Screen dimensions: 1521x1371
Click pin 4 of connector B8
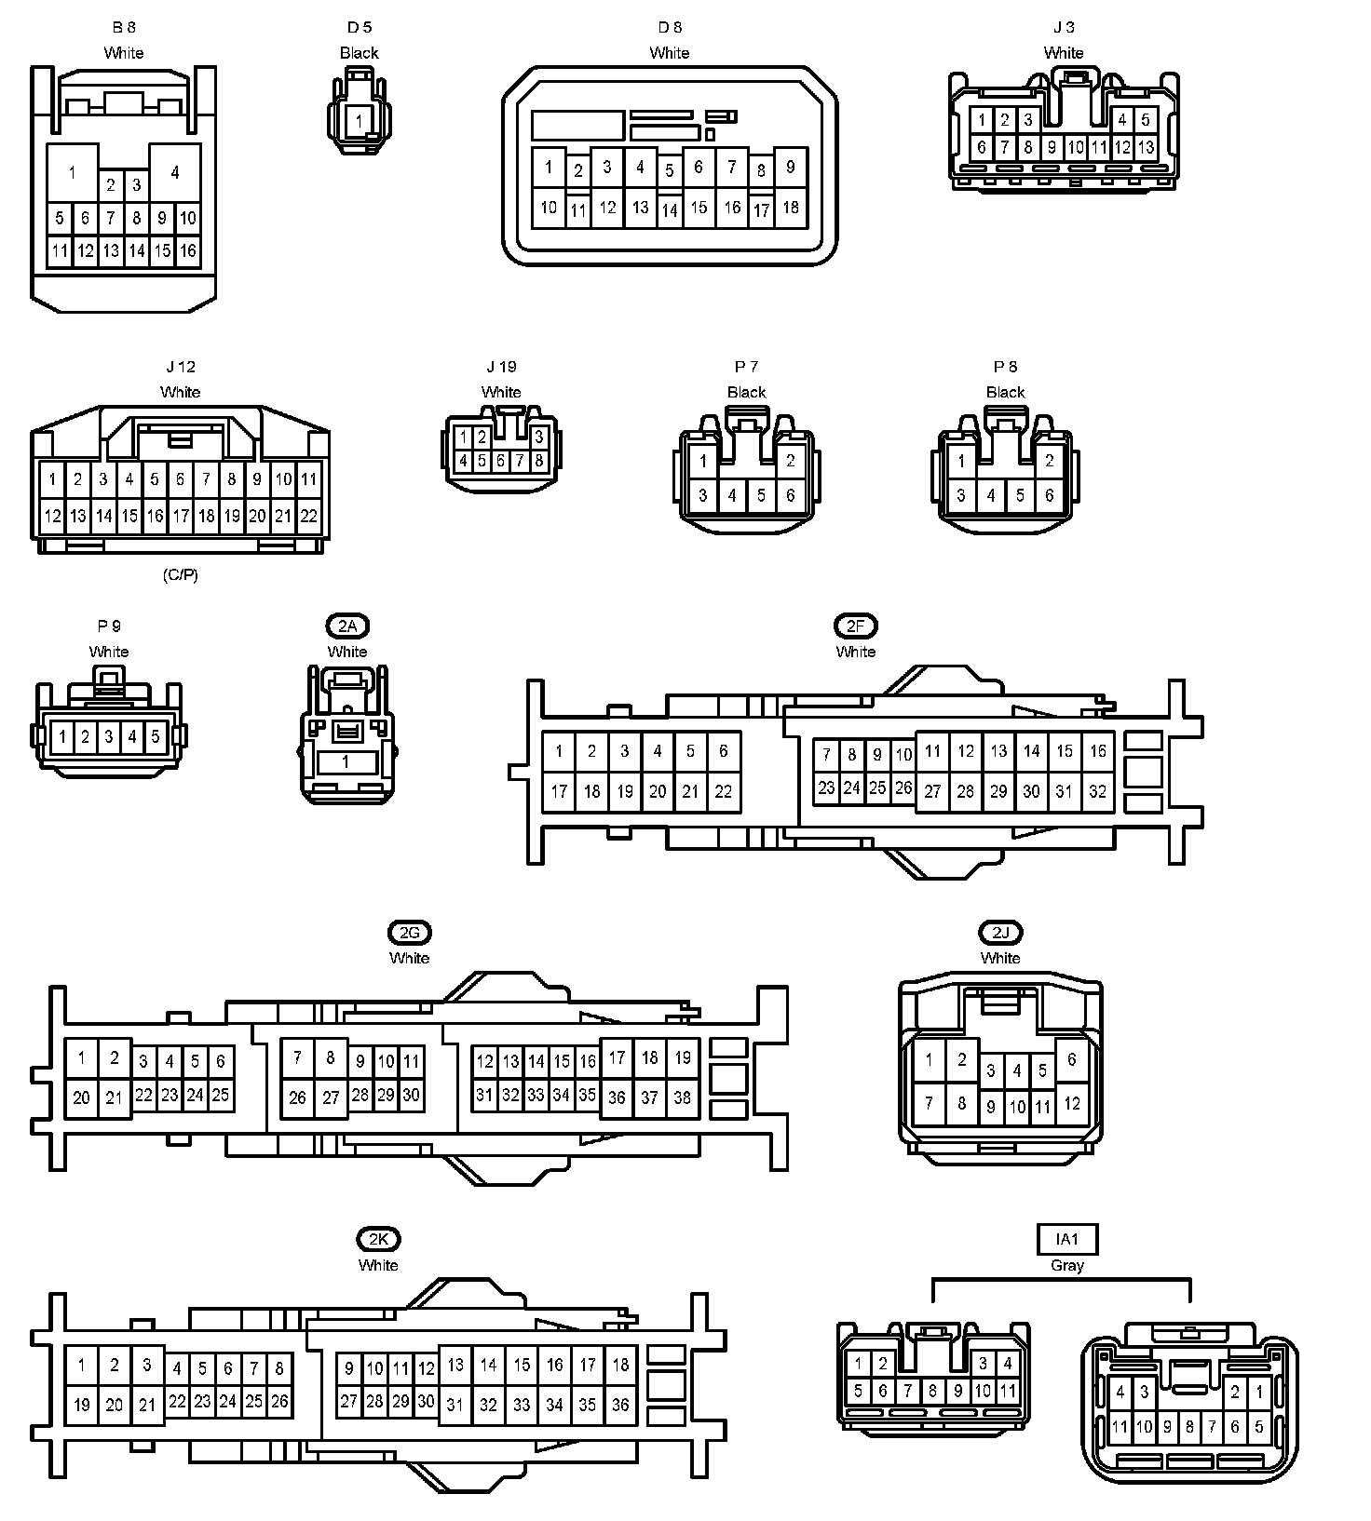coord(175,172)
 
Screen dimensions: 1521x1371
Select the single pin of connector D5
coord(360,121)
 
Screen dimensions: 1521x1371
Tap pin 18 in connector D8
coord(791,207)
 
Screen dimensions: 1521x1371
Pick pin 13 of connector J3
coord(1146,147)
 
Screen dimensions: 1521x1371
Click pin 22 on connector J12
coord(308,516)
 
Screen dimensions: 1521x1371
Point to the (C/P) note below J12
coord(180,575)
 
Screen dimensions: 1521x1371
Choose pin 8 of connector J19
coord(538,460)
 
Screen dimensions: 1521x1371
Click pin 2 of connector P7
coord(790,460)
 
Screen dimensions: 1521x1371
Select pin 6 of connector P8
coord(1049,495)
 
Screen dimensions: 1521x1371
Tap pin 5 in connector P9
coord(156,736)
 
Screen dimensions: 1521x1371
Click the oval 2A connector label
coord(346,626)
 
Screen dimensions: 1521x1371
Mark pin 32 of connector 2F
coord(1097,791)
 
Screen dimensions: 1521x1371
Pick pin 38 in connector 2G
coord(682,1097)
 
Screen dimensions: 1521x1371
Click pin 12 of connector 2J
coord(1072,1104)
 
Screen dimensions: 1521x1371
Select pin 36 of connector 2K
coord(620,1405)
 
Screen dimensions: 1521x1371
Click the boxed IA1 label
coord(1067,1239)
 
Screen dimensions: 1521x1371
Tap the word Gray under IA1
coord(1067,1266)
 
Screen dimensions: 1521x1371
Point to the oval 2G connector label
coord(410,933)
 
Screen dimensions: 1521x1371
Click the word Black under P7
coord(746,393)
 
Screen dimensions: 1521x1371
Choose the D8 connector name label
coord(669,28)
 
